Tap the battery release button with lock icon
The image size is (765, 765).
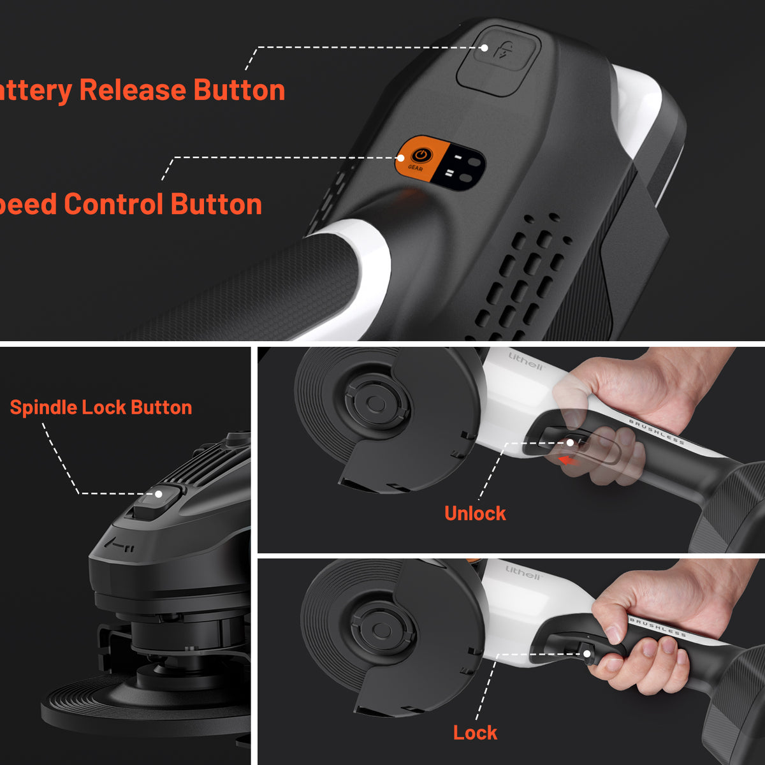coord(499,61)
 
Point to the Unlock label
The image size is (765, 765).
coord(475,513)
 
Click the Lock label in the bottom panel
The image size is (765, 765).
coord(475,732)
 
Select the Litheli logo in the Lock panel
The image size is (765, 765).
coord(523,571)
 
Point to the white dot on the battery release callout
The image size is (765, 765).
coord(484,48)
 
